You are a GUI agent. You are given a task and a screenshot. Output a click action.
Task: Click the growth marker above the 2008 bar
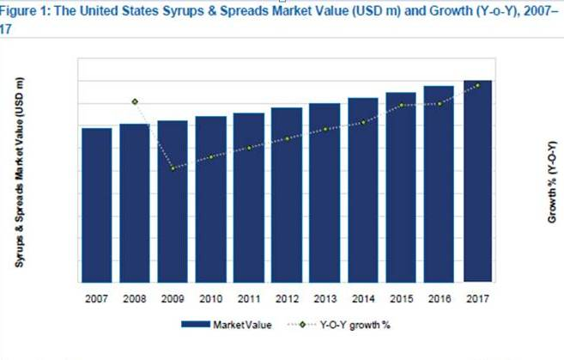pos(135,102)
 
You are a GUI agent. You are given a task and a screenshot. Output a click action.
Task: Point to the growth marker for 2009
pos(173,168)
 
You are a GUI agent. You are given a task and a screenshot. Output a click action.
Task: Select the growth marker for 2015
pos(401,105)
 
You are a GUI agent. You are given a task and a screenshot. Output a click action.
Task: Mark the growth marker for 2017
pos(477,85)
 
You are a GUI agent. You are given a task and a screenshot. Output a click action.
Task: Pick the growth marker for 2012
pos(287,139)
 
